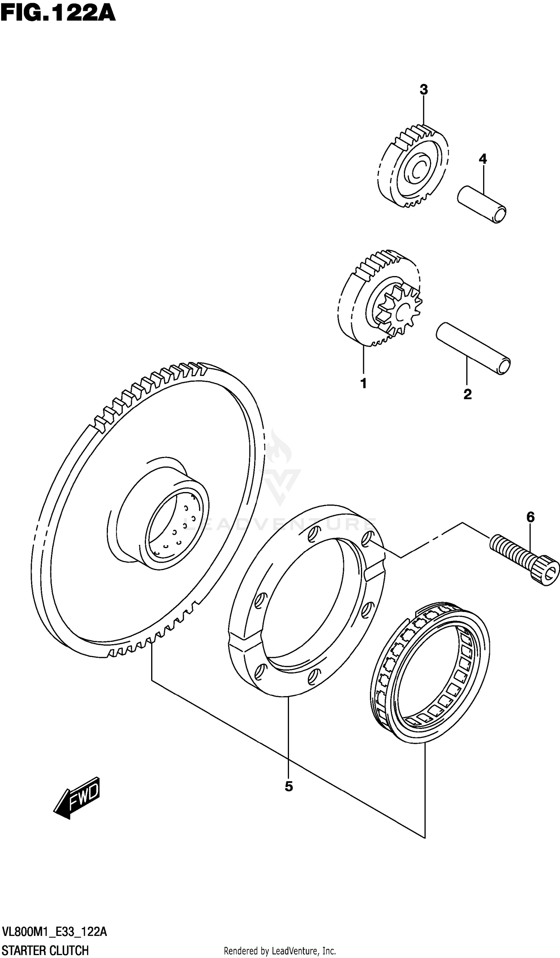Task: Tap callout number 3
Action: pyautogui.click(x=424, y=90)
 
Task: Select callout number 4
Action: pyautogui.click(x=482, y=159)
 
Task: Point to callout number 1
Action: pyautogui.click(x=363, y=384)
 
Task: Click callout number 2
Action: pyautogui.click(x=467, y=394)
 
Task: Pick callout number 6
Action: pyautogui.click(x=531, y=517)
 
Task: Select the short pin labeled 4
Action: pyautogui.click(x=482, y=204)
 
